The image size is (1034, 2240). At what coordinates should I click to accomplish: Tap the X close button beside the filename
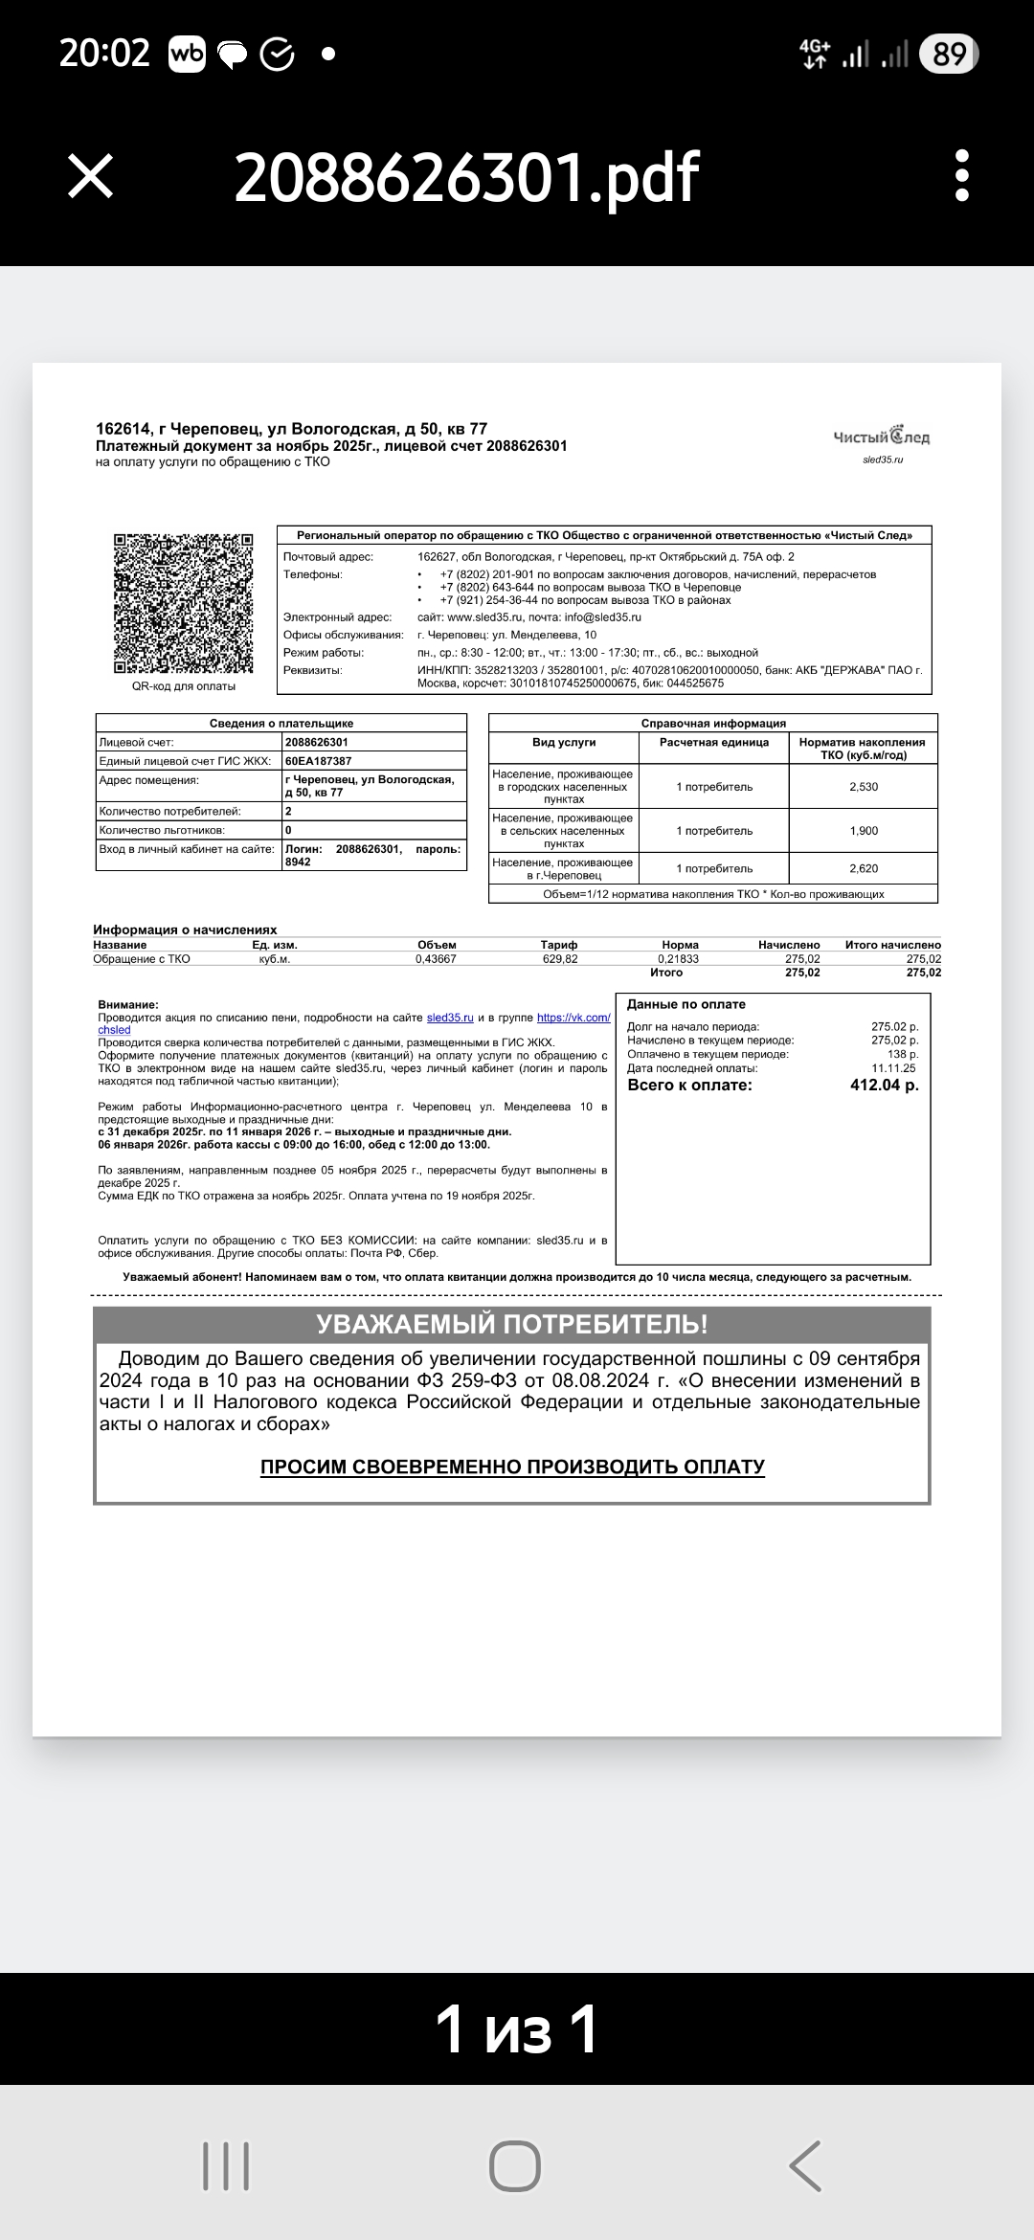[91, 177]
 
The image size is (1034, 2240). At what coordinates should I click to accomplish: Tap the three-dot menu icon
[962, 176]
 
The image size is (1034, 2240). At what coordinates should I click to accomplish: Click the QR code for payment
[184, 603]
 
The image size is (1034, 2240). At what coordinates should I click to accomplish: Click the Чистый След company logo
[881, 437]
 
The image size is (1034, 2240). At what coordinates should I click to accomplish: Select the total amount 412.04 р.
[884, 1086]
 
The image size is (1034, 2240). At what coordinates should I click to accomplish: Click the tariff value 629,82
[560, 959]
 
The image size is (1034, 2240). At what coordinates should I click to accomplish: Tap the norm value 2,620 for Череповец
[864, 869]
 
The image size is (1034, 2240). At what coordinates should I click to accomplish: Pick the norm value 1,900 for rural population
[864, 831]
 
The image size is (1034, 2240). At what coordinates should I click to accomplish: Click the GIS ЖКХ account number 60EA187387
[319, 761]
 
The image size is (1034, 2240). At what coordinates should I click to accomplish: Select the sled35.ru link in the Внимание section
[450, 1018]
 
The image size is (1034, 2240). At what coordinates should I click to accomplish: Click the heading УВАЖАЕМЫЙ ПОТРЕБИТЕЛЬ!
[512, 1325]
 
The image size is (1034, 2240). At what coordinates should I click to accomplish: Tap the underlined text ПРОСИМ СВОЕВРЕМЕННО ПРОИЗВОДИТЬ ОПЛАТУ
[512, 1467]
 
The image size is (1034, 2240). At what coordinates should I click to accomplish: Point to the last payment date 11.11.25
[893, 1068]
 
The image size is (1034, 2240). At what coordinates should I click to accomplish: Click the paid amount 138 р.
[903, 1054]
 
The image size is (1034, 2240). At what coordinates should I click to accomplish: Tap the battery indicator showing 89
[948, 55]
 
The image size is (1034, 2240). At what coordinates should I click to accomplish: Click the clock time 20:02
[104, 54]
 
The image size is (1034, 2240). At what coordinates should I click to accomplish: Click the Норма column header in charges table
[680, 945]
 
